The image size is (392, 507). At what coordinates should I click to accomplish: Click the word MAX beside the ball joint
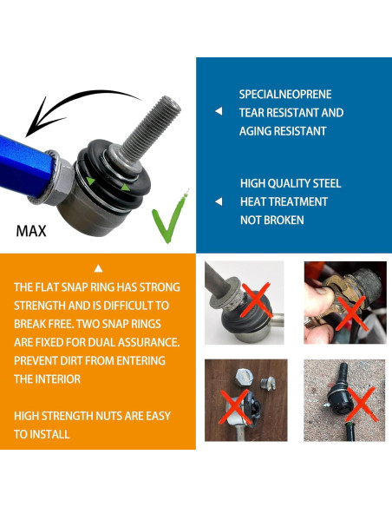point(31,231)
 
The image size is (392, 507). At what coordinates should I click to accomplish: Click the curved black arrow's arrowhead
point(41,120)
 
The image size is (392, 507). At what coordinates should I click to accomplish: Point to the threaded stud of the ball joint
point(152,127)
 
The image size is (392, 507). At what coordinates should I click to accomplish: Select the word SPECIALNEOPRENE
point(285,95)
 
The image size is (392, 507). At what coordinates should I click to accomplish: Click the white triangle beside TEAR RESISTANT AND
point(219,111)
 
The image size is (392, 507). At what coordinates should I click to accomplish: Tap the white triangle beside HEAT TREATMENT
point(219,201)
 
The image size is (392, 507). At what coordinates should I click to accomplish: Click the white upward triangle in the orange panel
point(98,268)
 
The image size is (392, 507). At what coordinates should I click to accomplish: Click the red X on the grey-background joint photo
point(256,300)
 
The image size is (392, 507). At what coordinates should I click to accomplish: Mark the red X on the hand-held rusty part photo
point(352,313)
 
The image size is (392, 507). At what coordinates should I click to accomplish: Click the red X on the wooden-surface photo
point(235,407)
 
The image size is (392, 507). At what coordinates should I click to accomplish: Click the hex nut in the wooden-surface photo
point(245,377)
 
